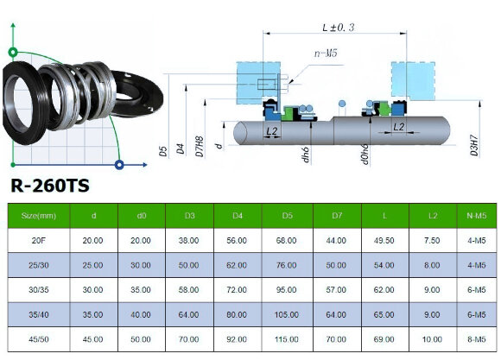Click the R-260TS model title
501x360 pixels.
coord(50,186)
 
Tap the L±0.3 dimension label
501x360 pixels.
coord(335,28)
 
